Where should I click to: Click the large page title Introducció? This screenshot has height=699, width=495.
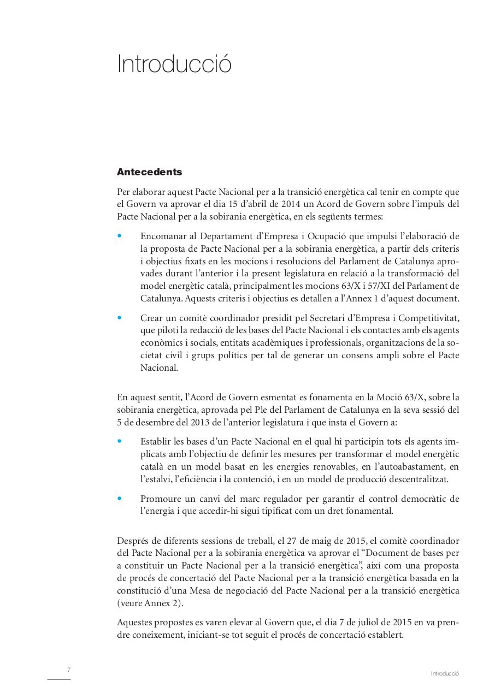[174, 64]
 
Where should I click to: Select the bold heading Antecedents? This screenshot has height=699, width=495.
[149, 172]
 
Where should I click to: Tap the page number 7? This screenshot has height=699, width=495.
[69, 670]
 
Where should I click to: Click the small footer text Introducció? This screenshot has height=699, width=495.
[444, 674]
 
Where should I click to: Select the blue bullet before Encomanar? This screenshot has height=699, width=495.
[120, 236]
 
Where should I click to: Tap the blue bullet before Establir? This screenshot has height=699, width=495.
[120, 441]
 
